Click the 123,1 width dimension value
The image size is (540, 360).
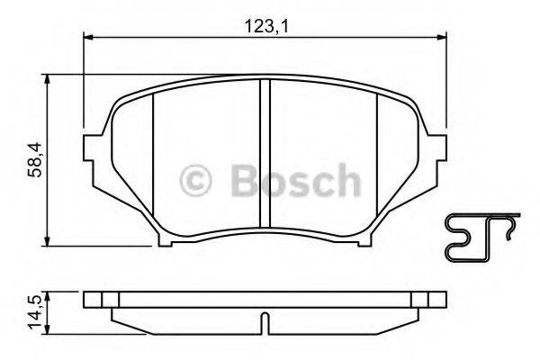click(x=266, y=26)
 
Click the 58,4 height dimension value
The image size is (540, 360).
click(x=34, y=160)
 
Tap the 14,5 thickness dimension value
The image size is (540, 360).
click(x=35, y=311)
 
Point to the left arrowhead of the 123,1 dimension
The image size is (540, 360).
click(x=88, y=37)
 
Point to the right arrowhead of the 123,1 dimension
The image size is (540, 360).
click(x=442, y=37)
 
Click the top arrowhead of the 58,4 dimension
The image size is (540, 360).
click(x=48, y=79)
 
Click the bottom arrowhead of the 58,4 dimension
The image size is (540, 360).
click(x=48, y=241)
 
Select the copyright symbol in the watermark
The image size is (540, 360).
click(x=195, y=181)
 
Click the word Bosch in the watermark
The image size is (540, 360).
click(x=296, y=180)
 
